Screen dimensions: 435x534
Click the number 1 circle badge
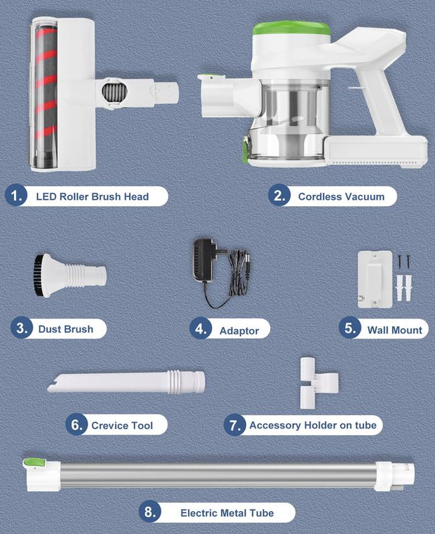click(x=16, y=196)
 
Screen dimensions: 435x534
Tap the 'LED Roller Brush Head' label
click(x=92, y=196)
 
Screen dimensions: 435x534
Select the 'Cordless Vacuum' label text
click(x=341, y=196)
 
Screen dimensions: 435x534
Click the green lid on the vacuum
click(x=291, y=29)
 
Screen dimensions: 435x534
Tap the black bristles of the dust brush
click(x=37, y=275)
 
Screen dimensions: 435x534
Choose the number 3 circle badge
click(x=22, y=329)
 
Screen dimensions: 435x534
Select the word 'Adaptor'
click(x=239, y=330)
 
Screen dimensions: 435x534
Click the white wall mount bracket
click(x=375, y=279)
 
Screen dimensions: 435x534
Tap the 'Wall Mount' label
click(x=395, y=330)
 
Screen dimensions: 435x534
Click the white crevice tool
click(x=126, y=382)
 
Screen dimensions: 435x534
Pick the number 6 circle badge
click(x=77, y=425)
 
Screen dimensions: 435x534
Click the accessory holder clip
click(x=318, y=383)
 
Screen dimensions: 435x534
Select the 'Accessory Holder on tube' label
click(x=313, y=425)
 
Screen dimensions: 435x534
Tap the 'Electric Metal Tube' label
click(x=227, y=513)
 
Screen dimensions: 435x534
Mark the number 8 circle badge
click(x=150, y=512)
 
